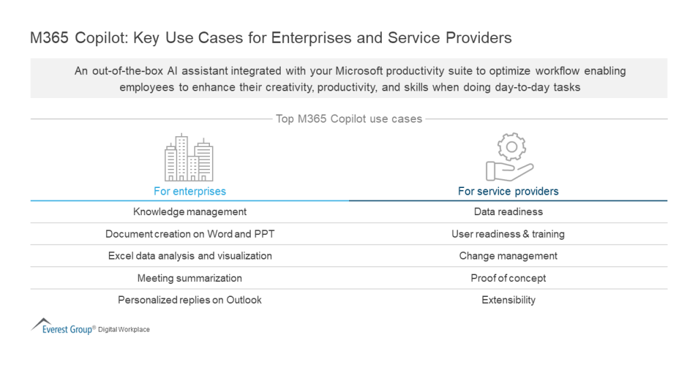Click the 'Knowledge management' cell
pyautogui.click(x=189, y=212)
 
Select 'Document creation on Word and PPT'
pyautogui.click(x=189, y=234)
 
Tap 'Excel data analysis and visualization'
pyautogui.click(x=189, y=256)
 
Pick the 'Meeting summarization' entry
pyautogui.click(x=189, y=278)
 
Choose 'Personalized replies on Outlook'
pyautogui.click(x=189, y=300)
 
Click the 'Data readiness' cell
pyautogui.click(x=508, y=212)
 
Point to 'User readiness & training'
pyautogui.click(x=508, y=234)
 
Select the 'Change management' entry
pyautogui.click(x=508, y=256)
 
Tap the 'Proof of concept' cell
pyautogui.click(x=508, y=278)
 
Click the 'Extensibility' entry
pyautogui.click(x=508, y=300)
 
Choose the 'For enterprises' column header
pyautogui.click(x=189, y=191)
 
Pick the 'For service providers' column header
pyautogui.click(x=508, y=191)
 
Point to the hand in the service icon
pyautogui.click(x=506, y=170)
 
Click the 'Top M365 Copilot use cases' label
pyautogui.click(x=348, y=119)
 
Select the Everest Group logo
pyautogui.click(x=62, y=328)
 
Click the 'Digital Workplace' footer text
pyautogui.click(x=124, y=330)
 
